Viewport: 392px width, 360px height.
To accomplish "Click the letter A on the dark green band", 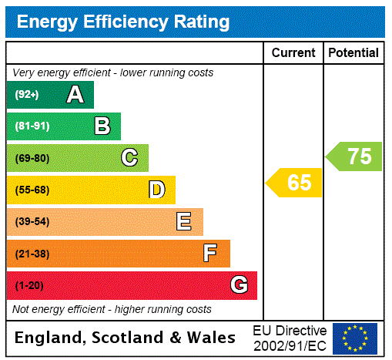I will [75, 95].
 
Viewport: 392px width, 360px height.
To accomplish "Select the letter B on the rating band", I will [102, 126].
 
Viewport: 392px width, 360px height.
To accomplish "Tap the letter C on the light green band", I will [129, 158].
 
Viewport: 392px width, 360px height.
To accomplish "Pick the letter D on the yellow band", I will [156, 190].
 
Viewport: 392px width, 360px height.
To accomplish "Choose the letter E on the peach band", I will [184, 222].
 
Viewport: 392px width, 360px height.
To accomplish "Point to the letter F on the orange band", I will [210, 253].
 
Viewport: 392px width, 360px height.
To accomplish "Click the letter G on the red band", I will [239, 285].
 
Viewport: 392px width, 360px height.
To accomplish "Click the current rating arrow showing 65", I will [295, 183].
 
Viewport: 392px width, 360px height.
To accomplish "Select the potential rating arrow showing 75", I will [355, 156].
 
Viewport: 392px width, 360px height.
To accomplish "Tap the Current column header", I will [293, 53].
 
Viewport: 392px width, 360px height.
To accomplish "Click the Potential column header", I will [353, 53].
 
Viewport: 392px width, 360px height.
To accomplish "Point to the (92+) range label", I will [27, 95].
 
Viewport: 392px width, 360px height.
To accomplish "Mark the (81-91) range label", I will [32, 126].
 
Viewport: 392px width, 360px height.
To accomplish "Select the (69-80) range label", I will [32, 158].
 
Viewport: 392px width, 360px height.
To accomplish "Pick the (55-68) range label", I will [32, 190].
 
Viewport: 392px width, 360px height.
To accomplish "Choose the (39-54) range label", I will [32, 222].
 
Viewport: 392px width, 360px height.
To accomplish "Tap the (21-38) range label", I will [32, 254].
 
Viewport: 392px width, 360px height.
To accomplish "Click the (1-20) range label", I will [29, 286].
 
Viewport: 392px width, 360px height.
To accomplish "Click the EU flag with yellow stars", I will [355, 338].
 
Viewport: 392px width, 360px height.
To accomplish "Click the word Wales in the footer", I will [211, 338].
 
